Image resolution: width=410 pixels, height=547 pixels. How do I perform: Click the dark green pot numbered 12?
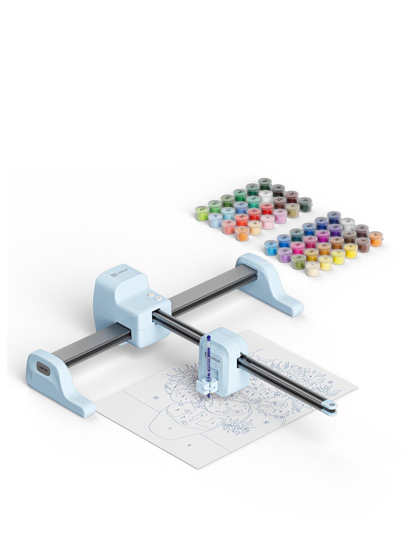304,203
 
